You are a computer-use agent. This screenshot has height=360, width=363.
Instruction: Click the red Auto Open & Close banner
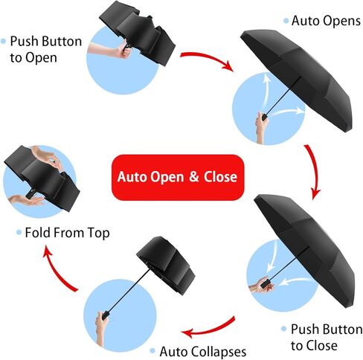click(178, 177)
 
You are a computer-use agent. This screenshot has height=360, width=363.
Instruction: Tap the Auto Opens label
click(326, 21)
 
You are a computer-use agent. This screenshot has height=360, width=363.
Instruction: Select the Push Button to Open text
click(46, 49)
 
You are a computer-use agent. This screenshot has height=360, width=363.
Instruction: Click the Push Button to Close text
click(327, 337)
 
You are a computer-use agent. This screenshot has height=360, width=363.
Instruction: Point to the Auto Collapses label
click(203, 352)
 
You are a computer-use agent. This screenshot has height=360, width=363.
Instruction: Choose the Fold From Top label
click(67, 233)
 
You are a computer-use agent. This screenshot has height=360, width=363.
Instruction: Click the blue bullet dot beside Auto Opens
click(286, 21)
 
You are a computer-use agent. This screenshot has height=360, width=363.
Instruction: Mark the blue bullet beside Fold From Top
click(19, 233)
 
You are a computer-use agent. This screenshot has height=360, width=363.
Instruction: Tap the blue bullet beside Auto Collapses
click(152, 351)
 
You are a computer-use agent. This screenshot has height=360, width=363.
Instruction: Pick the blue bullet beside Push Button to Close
click(284, 330)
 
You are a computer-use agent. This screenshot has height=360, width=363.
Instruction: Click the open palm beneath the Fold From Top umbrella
click(26, 200)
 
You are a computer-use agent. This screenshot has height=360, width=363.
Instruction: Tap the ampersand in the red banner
click(194, 177)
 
